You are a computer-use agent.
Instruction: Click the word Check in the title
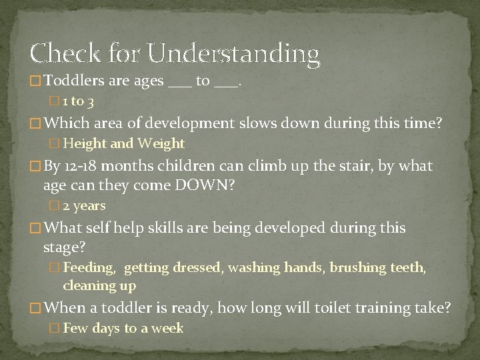[x=61, y=53]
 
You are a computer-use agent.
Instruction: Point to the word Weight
[x=161, y=143]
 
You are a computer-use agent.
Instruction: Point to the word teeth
[x=413, y=268]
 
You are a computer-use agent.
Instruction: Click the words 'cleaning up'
[x=99, y=286]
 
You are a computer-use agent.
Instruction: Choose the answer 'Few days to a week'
[x=123, y=328]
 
